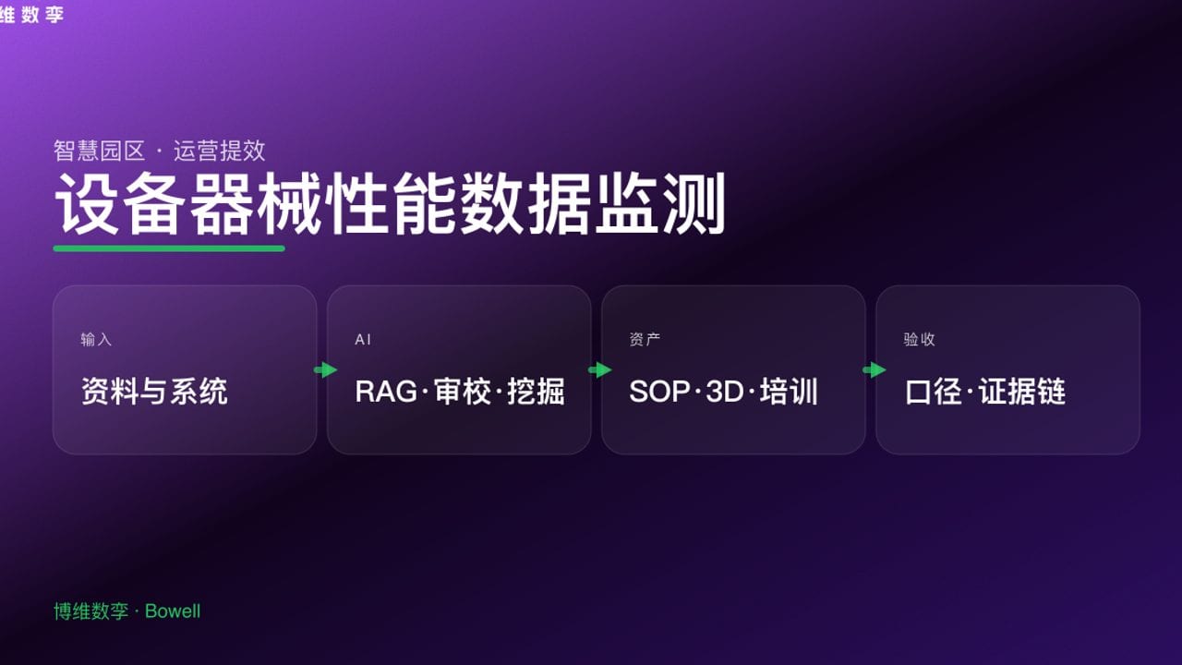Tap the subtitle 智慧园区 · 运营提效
point(159,150)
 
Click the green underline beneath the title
point(169,248)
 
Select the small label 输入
point(96,340)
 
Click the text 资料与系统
point(154,392)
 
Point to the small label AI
point(363,340)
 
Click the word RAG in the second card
point(386,392)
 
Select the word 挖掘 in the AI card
point(536,392)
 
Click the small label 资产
point(645,340)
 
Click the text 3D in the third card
point(725,392)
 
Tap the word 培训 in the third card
point(790,392)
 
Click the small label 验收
point(919,340)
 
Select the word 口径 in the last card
point(934,392)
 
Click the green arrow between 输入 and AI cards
point(325,370)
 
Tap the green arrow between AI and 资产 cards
point(600,370)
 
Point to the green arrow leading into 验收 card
point(874,370)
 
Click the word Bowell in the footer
point(173,611)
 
